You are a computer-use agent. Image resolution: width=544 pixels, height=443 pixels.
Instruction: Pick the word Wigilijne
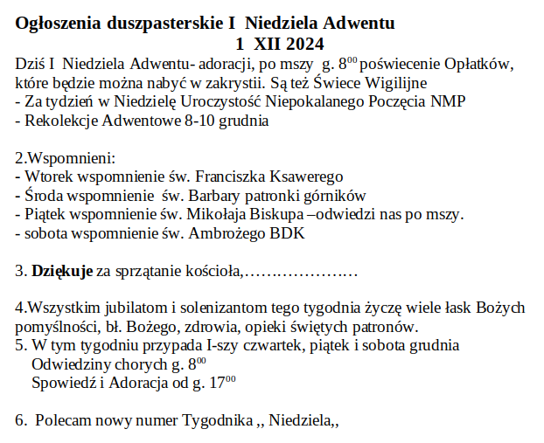pyautogui.click(x=394, y=83)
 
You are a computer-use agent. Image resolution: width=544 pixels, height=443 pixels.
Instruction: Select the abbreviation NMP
pyautogui.click(x=447, y=102)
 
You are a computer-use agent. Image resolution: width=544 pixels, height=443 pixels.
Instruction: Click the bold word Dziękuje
pyautogui.click(x=62, y=272)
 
